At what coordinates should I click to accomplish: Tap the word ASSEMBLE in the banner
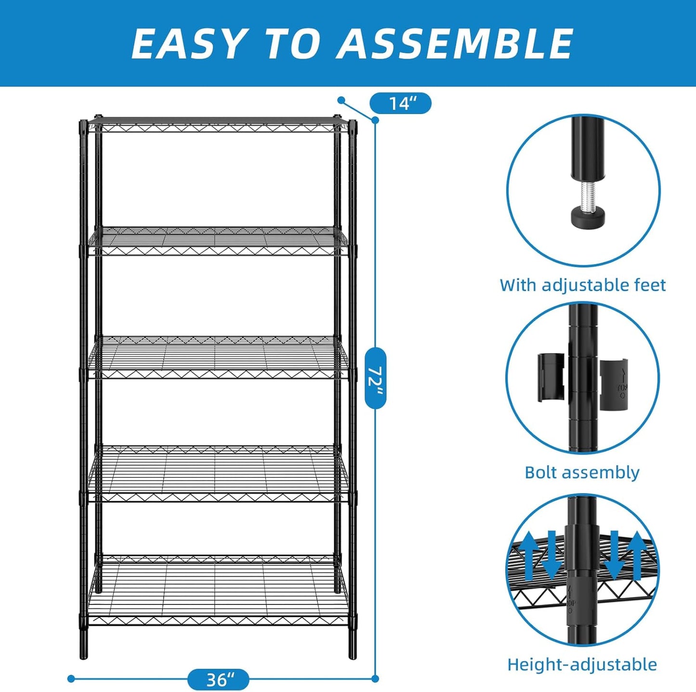(455, 43)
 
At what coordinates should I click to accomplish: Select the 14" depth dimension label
(400, 103)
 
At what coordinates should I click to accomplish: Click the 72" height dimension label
(375, 378)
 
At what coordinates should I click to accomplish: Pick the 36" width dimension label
(218, 679)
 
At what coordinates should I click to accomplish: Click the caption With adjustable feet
(582, 285)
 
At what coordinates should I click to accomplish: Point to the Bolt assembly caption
(582, 472)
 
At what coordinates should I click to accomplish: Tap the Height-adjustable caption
(582, 665)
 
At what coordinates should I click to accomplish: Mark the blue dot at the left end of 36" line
(71, 679)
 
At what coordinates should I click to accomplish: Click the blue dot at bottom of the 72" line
(375, 679)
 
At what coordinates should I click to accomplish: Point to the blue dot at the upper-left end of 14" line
(341, 100)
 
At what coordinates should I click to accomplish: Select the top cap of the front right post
(353, 124)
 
